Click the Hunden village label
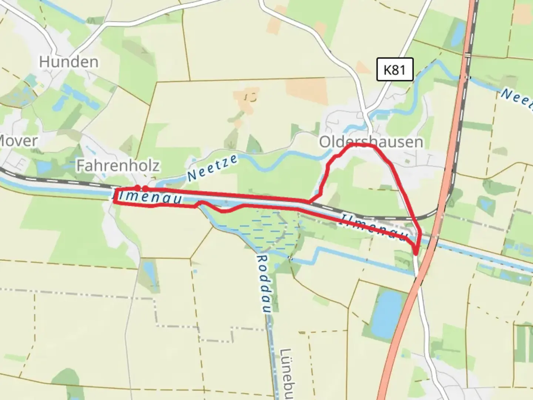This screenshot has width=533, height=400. pos(69,62)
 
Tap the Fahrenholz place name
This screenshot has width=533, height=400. pos(118,166)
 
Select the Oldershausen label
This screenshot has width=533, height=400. pos(371,142)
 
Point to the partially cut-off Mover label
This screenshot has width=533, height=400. pos(19,141)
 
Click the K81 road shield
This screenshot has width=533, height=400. pos(395,70)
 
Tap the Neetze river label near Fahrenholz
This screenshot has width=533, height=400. pos(212,168)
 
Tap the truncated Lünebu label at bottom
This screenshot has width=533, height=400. pos(286,374)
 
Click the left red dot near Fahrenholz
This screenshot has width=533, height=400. pos(137,188)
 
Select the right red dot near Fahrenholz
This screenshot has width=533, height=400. pos(145,189)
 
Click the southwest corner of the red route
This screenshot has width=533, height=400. pos(115,202)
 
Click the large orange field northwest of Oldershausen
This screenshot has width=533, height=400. pos(306,91)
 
